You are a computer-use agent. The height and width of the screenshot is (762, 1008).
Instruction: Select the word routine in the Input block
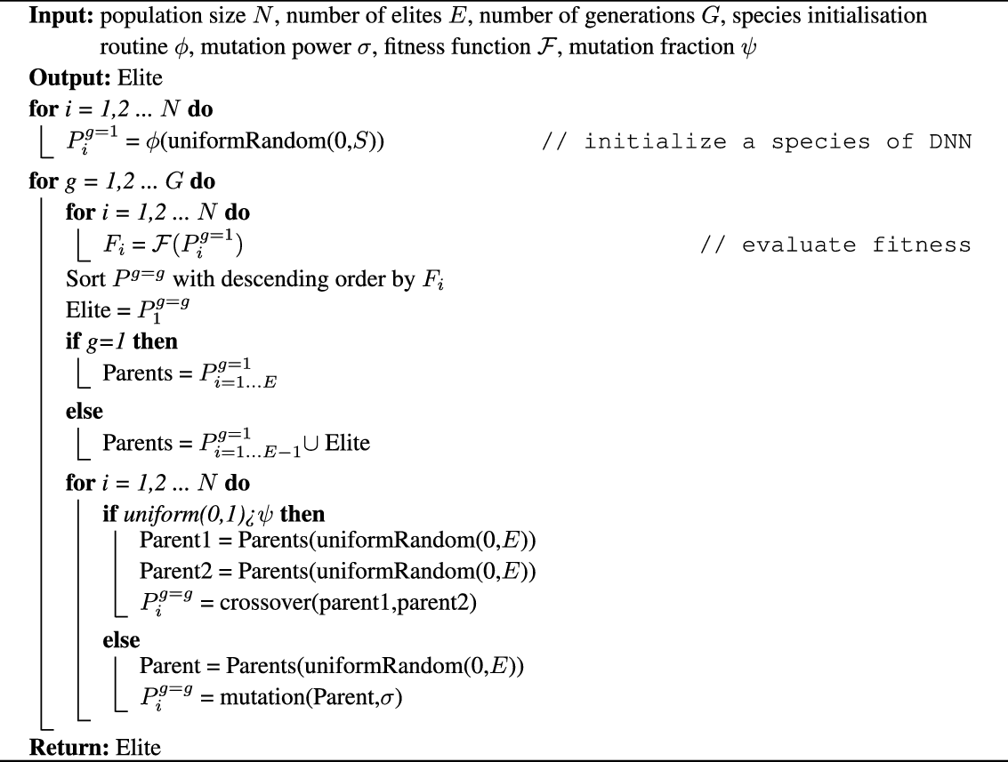[129, 48]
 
